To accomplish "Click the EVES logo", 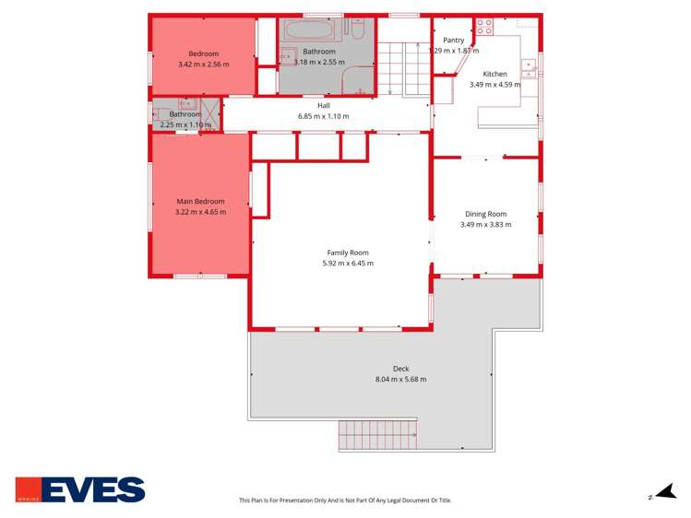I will pos(80,489).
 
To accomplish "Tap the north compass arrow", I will pos(663,493).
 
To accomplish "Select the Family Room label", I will pos(348,253).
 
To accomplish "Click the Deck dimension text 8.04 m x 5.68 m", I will pos(400,379).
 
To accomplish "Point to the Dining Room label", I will pos(485,214).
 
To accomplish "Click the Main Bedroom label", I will pos(200,201).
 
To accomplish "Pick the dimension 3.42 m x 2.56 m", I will pos(203,65).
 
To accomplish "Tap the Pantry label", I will pos(453,40).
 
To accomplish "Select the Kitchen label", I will pos(494,74).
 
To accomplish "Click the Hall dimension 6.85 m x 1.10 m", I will pos(324,116).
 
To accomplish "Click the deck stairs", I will pos(378,433).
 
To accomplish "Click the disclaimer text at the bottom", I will pos(345,500).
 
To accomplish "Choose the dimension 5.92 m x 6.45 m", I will pos(348,263).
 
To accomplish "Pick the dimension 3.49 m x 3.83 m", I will pos(485,224).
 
